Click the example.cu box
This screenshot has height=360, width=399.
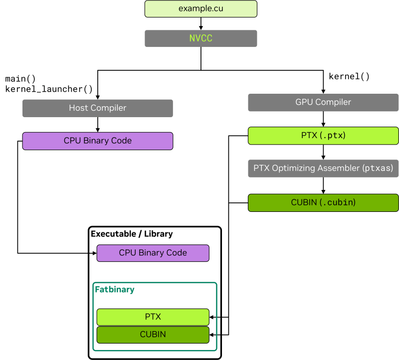200,9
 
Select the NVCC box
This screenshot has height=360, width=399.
200,38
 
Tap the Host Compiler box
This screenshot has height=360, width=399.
97,108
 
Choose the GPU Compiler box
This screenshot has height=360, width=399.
323,102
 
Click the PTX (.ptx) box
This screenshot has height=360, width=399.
323,135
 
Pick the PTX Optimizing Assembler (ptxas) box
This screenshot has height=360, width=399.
323,169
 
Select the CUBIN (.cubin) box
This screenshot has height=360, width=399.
323,202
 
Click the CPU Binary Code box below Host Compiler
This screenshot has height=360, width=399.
97,141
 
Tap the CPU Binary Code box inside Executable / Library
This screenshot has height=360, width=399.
153,253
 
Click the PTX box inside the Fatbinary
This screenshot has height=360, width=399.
153,317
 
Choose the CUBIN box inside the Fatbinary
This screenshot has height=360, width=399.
153,334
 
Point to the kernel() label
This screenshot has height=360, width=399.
349,76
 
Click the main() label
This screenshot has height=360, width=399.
20,79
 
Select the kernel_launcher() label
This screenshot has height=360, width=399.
49,89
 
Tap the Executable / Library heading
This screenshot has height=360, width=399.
132,233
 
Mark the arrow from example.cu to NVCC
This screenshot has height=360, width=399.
200,23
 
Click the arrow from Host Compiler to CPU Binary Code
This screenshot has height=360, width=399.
97,124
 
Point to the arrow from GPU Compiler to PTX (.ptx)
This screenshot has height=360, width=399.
323,119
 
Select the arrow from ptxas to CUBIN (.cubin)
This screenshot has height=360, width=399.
323,185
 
